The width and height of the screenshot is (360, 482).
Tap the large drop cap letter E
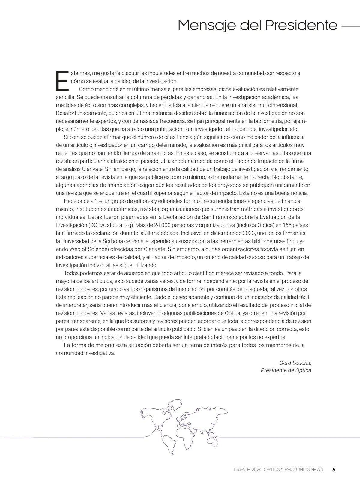click(x=62, y=81)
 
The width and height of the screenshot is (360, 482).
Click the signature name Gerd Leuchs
click(x=295, y=363)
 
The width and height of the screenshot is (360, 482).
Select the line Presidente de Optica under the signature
click(x=286, y=370)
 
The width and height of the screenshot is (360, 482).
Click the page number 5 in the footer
click(x=334, y=470)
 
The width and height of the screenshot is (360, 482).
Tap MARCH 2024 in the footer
click(x=248, y=470)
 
